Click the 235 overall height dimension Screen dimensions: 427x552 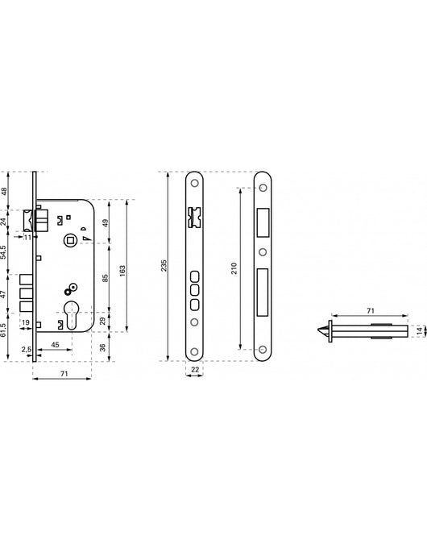[x=164, y=266]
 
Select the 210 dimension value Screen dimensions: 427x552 [x=234, y=268]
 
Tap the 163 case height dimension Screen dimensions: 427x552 [x=122, y=271]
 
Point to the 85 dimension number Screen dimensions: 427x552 [x=105, y=278]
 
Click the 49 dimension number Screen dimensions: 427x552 [x=106, y=223]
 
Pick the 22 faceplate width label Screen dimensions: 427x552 [x=195, y=369]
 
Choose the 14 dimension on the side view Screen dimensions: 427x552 [x=419, y=331]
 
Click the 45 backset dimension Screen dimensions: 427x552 [x=55, y=345]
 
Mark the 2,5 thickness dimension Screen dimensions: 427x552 [x=27, y=350]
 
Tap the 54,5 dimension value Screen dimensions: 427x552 [x=4, y=252]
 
